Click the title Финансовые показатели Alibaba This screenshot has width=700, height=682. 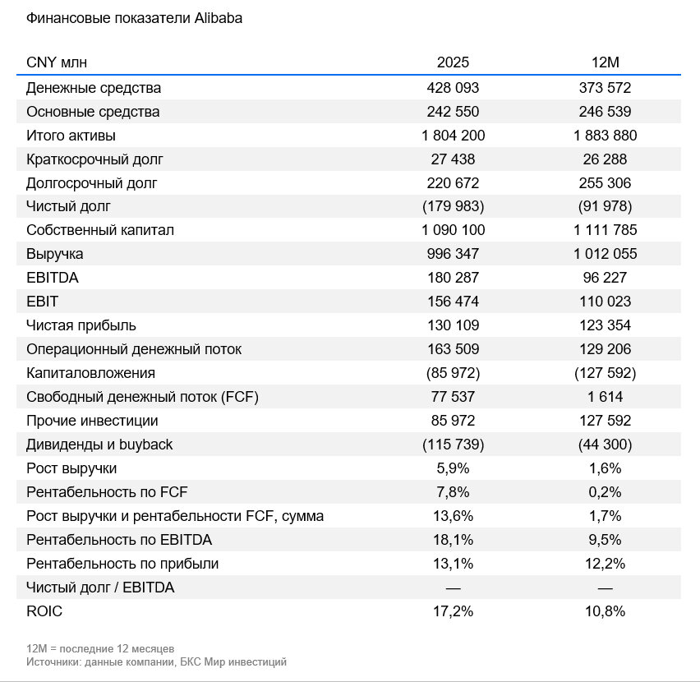[x=134, y=18]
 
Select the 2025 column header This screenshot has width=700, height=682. [x=453, y=62]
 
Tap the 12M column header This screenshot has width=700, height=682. [x=605, y=62]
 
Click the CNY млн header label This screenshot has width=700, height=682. [x=57, y=62]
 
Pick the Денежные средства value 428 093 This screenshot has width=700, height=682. [x=453, y=88]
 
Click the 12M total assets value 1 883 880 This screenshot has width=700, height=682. [x=605, y=136]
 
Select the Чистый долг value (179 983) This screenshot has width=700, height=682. [x=453, y=206]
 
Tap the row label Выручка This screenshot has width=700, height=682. [x=54, y=254]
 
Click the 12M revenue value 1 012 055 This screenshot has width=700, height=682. [x=605, y=254]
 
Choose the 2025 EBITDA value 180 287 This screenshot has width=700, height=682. [x=453, y=278]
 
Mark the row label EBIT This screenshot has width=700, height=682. [x=42, y=302]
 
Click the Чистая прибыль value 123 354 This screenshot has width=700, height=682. [x=605, y=325]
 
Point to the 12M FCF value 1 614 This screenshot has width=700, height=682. [x=605, y=397]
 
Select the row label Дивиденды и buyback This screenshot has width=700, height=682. [x=99, y=445]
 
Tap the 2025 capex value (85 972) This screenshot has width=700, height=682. [x=453, y=373]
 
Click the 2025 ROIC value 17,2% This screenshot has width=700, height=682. [x=453, y=611]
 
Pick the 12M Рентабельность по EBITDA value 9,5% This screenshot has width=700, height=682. [x=605, y=540]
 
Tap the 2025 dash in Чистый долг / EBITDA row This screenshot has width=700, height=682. [x=453, y=588]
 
